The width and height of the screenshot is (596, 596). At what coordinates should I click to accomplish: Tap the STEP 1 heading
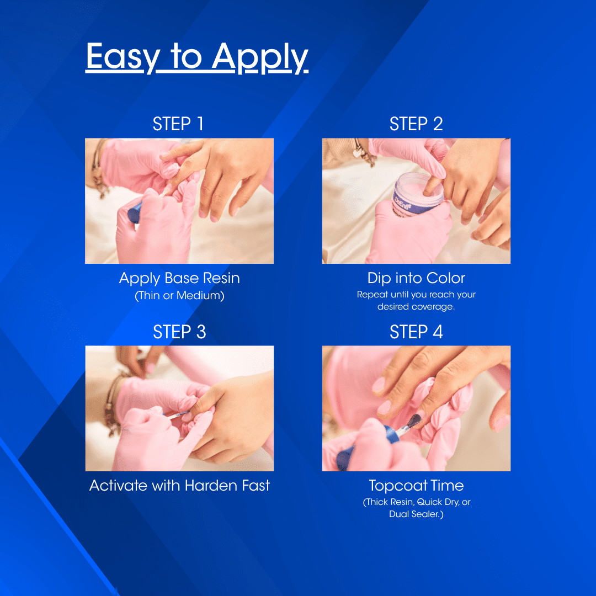pos(178,124)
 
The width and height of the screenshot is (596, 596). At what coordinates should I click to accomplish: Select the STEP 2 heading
pos(416,124)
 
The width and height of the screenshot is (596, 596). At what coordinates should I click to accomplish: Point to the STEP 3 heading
pos(179,332)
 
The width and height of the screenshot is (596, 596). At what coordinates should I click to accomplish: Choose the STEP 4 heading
pos(416,332)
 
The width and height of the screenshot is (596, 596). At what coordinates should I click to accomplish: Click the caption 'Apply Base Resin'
pos(179,279)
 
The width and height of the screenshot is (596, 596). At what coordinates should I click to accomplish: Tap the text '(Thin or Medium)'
pos(179,296)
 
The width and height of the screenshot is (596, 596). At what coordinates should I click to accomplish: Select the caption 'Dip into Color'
pos(416,278)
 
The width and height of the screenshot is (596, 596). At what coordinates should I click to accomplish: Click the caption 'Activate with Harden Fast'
pos(179,486)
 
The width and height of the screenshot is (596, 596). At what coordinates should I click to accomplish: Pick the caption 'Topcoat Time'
pos(416,486)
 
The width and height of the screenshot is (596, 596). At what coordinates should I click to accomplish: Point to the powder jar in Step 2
pos(418,194)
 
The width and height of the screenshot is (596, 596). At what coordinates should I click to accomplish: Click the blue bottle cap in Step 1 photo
pos(135,212)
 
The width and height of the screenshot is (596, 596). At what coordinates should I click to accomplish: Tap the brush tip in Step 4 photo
pos(414,420)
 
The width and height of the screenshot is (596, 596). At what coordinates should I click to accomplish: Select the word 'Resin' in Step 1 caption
pos(221,278)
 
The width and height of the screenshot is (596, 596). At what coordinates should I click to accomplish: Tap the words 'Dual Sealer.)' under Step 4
pos(416,514)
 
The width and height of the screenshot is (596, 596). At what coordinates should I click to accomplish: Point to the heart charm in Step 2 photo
pos(357,153)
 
